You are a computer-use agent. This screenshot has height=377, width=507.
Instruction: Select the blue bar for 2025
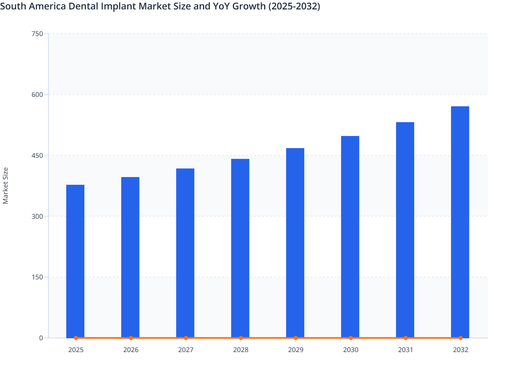tap(75, 261)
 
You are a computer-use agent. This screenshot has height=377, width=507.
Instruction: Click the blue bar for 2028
tap(240, 248)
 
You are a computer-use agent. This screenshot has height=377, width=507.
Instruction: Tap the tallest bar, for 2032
tap(460, 222)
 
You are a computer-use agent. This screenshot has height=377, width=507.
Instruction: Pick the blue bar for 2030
tap(350, 237)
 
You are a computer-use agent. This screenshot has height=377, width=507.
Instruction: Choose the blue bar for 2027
tap(185, 253)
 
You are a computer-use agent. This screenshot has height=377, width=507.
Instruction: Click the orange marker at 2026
tap(131, 338)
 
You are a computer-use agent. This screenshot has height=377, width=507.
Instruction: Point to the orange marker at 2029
tap(296, 338)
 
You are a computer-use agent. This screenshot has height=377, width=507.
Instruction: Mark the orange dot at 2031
tap(405, 338)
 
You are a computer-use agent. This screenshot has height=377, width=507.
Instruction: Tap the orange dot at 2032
tap(461, 338)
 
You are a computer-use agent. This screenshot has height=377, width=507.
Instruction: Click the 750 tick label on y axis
tap(37, 34)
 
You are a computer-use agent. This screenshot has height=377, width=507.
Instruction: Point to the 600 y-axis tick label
tap(37, 95)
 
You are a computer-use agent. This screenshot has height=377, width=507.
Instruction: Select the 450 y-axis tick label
tap(37, 156)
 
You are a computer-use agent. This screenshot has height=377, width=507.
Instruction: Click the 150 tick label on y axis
tap(37, 277)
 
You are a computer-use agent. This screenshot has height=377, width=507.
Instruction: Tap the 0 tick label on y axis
tap(41, 338)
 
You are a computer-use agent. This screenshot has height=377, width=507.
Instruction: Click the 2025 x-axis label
tap(76, 350)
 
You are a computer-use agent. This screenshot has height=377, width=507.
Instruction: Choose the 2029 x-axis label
tap(296, 350)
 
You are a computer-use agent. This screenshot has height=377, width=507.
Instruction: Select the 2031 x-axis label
tap(405, 350)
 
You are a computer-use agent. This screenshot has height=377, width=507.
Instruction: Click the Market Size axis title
tap(5, 185)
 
